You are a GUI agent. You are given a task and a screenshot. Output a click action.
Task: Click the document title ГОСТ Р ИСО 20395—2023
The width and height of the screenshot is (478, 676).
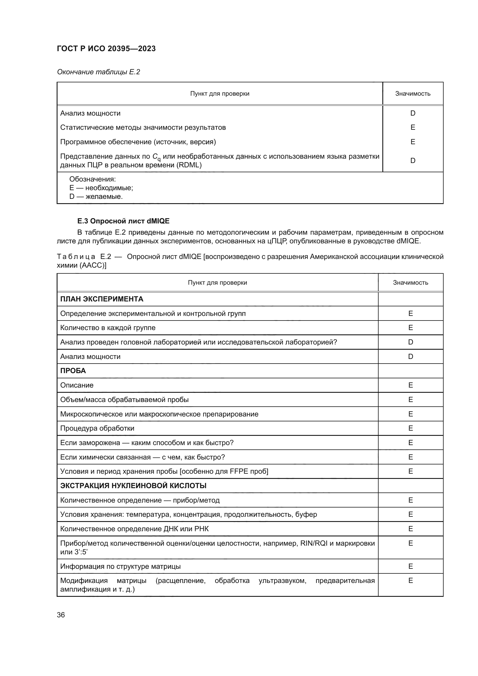coord(106,49)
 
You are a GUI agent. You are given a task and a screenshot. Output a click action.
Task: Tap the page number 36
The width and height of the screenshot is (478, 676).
coord(61,615)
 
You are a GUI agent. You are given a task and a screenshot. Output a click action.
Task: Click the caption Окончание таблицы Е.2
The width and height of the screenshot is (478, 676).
coord(98,72)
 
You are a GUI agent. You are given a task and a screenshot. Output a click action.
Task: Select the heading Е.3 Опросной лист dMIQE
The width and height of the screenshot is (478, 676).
coord(123,221)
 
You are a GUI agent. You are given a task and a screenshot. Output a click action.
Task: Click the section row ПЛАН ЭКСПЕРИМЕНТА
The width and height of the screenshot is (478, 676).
coord(101,299)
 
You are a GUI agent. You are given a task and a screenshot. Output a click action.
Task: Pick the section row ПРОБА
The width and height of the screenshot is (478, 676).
coord(73,371)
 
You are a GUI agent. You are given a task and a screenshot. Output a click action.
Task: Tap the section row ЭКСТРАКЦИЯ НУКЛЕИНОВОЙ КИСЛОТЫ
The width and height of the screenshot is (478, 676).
coord(133,486)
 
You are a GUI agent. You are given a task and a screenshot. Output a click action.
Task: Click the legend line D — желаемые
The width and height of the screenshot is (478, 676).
coord(96,196)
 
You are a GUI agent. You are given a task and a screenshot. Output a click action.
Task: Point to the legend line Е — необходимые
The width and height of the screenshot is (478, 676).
coord(101,188)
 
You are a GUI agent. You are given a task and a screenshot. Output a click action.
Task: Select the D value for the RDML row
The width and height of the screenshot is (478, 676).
coord(413,160)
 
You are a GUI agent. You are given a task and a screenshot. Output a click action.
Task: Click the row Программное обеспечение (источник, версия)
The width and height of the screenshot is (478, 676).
coord(138,142)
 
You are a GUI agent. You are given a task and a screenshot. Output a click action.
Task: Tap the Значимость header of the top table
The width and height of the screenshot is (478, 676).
coord(413,94)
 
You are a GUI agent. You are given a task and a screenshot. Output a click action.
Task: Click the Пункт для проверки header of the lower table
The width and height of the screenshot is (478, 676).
coord(217,283)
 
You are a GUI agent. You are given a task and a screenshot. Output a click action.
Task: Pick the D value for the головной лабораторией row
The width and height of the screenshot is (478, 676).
coord(411,342)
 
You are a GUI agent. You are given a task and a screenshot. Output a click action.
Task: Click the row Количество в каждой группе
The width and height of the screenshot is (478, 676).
coord(108,328)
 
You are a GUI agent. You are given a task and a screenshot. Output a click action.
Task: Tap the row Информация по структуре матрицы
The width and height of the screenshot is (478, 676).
coord(121,566)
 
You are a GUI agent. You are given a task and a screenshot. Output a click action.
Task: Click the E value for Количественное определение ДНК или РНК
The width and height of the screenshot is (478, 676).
coord(411,529)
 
